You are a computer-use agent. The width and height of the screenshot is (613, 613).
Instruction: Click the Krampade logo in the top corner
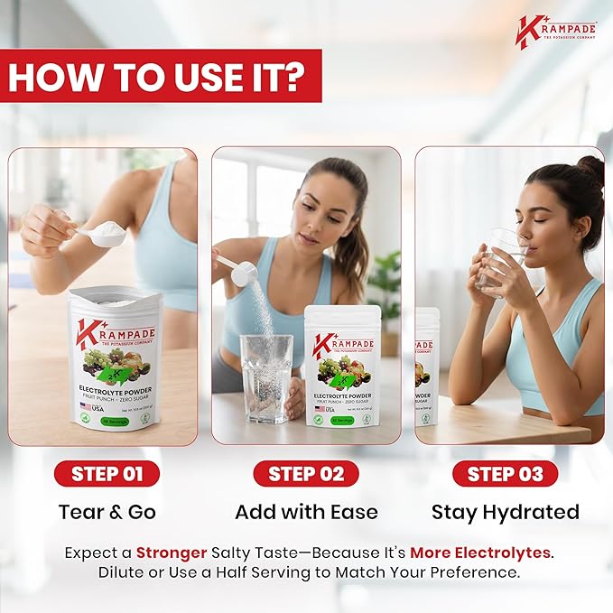pos(554,30)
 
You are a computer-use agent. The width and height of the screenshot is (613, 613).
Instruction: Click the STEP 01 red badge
pos(107,473)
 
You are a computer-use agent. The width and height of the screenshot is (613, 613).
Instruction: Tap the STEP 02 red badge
pos(306,473)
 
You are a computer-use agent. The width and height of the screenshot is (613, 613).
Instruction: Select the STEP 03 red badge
pos(505,473)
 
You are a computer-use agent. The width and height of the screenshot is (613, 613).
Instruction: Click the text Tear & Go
pos(107,512)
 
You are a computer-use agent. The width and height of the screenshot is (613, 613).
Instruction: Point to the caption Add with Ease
pos(306,512)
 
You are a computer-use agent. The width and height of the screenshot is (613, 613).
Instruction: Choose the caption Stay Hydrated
pos(505,512)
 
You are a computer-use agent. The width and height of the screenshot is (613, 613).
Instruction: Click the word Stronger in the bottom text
pos(171,553)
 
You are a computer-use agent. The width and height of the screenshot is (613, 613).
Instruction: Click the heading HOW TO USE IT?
pos(164,78)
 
